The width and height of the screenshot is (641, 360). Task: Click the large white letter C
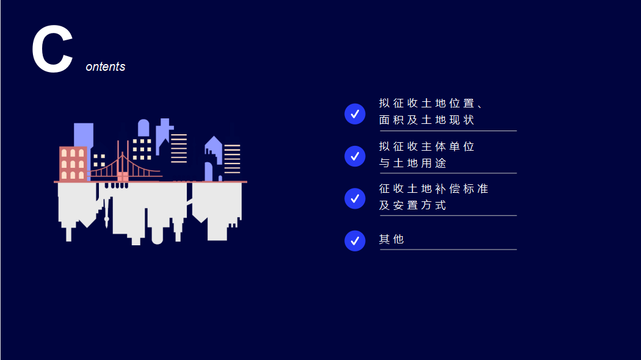tap(53, 49)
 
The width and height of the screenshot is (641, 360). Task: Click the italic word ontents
tap(106, 67)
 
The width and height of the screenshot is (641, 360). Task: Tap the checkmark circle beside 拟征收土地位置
tap(355, 113)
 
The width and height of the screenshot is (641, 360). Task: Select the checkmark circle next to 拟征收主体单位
tap(355, 156)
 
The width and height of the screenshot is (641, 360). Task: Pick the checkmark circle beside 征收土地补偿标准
tap(355, 198)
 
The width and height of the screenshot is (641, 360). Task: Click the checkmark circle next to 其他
tap(355, 240)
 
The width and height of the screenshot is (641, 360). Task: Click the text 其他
tap(391, 239)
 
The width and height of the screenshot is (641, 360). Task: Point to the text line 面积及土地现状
tap(426, 120)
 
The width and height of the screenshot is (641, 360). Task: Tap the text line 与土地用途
tap(413, 163)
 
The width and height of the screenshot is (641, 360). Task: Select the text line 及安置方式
tap(413, 205)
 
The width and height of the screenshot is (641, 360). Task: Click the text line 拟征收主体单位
tap(426, 146)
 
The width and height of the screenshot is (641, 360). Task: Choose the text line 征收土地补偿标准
tap(433, 189)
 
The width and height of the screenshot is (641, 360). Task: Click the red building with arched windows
tap(73, 164)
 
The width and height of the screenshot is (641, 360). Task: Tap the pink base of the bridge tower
tap(123, 176)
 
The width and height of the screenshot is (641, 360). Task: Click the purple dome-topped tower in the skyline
tap(143, 128)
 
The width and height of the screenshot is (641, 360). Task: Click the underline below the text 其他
tap(449, 250)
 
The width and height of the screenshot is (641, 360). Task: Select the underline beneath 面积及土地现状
tap(449, 131)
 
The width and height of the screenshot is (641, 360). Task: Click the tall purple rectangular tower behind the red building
tap(84, 135)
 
